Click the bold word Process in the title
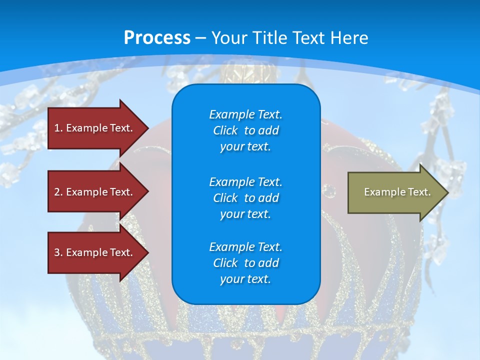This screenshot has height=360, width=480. (157, 38)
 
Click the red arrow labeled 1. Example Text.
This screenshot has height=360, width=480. (98, 128)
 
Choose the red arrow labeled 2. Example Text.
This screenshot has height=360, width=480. (98, 191)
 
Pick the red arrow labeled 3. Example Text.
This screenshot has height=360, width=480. (98, 252)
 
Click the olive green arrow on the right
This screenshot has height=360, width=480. (398, 192)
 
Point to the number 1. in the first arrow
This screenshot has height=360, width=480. (58, 128)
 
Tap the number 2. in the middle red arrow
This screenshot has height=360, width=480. (58, 192)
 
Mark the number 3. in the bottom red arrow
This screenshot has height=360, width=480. (58, 252)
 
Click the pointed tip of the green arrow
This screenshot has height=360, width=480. (448, 192)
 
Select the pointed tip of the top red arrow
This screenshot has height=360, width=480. (148, 128)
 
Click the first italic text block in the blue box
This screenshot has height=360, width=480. (246, 130)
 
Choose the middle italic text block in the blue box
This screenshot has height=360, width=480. (246, 198)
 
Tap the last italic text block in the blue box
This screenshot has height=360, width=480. (246, 263)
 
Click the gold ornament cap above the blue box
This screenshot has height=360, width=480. (249, 73)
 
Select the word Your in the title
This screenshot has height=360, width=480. (229, 38)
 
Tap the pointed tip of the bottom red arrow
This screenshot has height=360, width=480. (148, 252)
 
